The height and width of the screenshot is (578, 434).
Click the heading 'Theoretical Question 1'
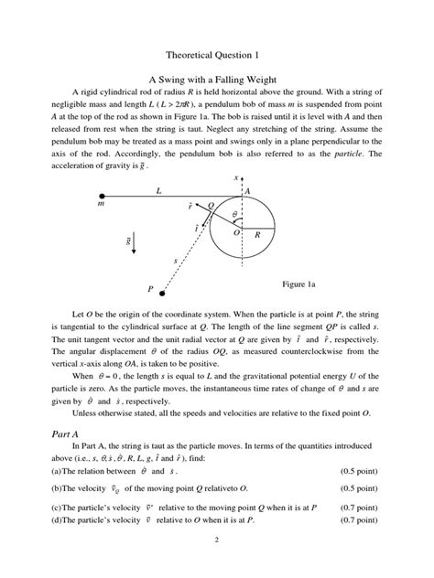coord(217,53)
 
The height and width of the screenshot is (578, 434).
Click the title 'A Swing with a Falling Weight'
coord(217,80)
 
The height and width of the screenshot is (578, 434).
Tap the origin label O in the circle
coord(236,234)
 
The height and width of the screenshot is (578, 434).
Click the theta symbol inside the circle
coord(234,214)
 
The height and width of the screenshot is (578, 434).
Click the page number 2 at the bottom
coord(217,557)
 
